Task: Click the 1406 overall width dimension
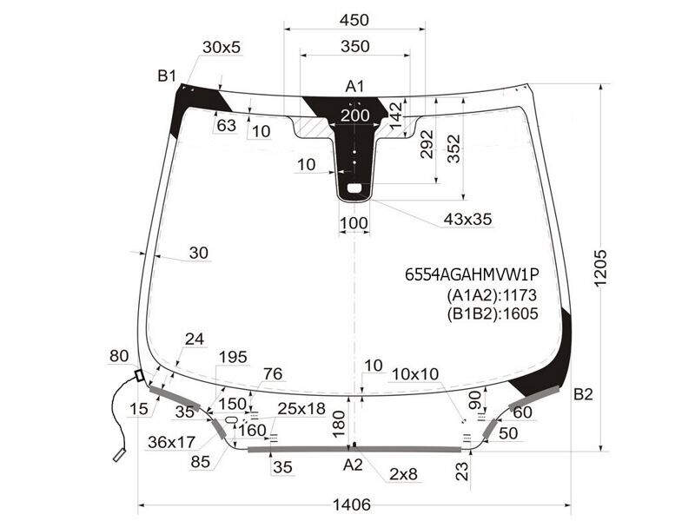(352, 505)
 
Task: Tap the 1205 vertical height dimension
(600, 268)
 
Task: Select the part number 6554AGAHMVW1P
(472, 275)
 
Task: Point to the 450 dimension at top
(354, 20)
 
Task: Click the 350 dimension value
(355, 46)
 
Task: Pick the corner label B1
(167, 76)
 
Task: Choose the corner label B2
(583, 394)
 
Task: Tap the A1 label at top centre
(354, 86)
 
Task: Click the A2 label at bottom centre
(353, 465)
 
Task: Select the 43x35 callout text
(467, 219)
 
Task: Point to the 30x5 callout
(222, 47)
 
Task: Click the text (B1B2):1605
(493, 313)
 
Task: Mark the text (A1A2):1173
(492, 295)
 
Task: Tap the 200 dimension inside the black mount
(355, 115)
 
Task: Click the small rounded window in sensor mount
(354, 188)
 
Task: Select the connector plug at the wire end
(120, 455)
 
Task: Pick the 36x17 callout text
(171, 442)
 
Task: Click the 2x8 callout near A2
(403, 474)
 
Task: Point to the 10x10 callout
(415, 374)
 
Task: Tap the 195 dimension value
(233, 357)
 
